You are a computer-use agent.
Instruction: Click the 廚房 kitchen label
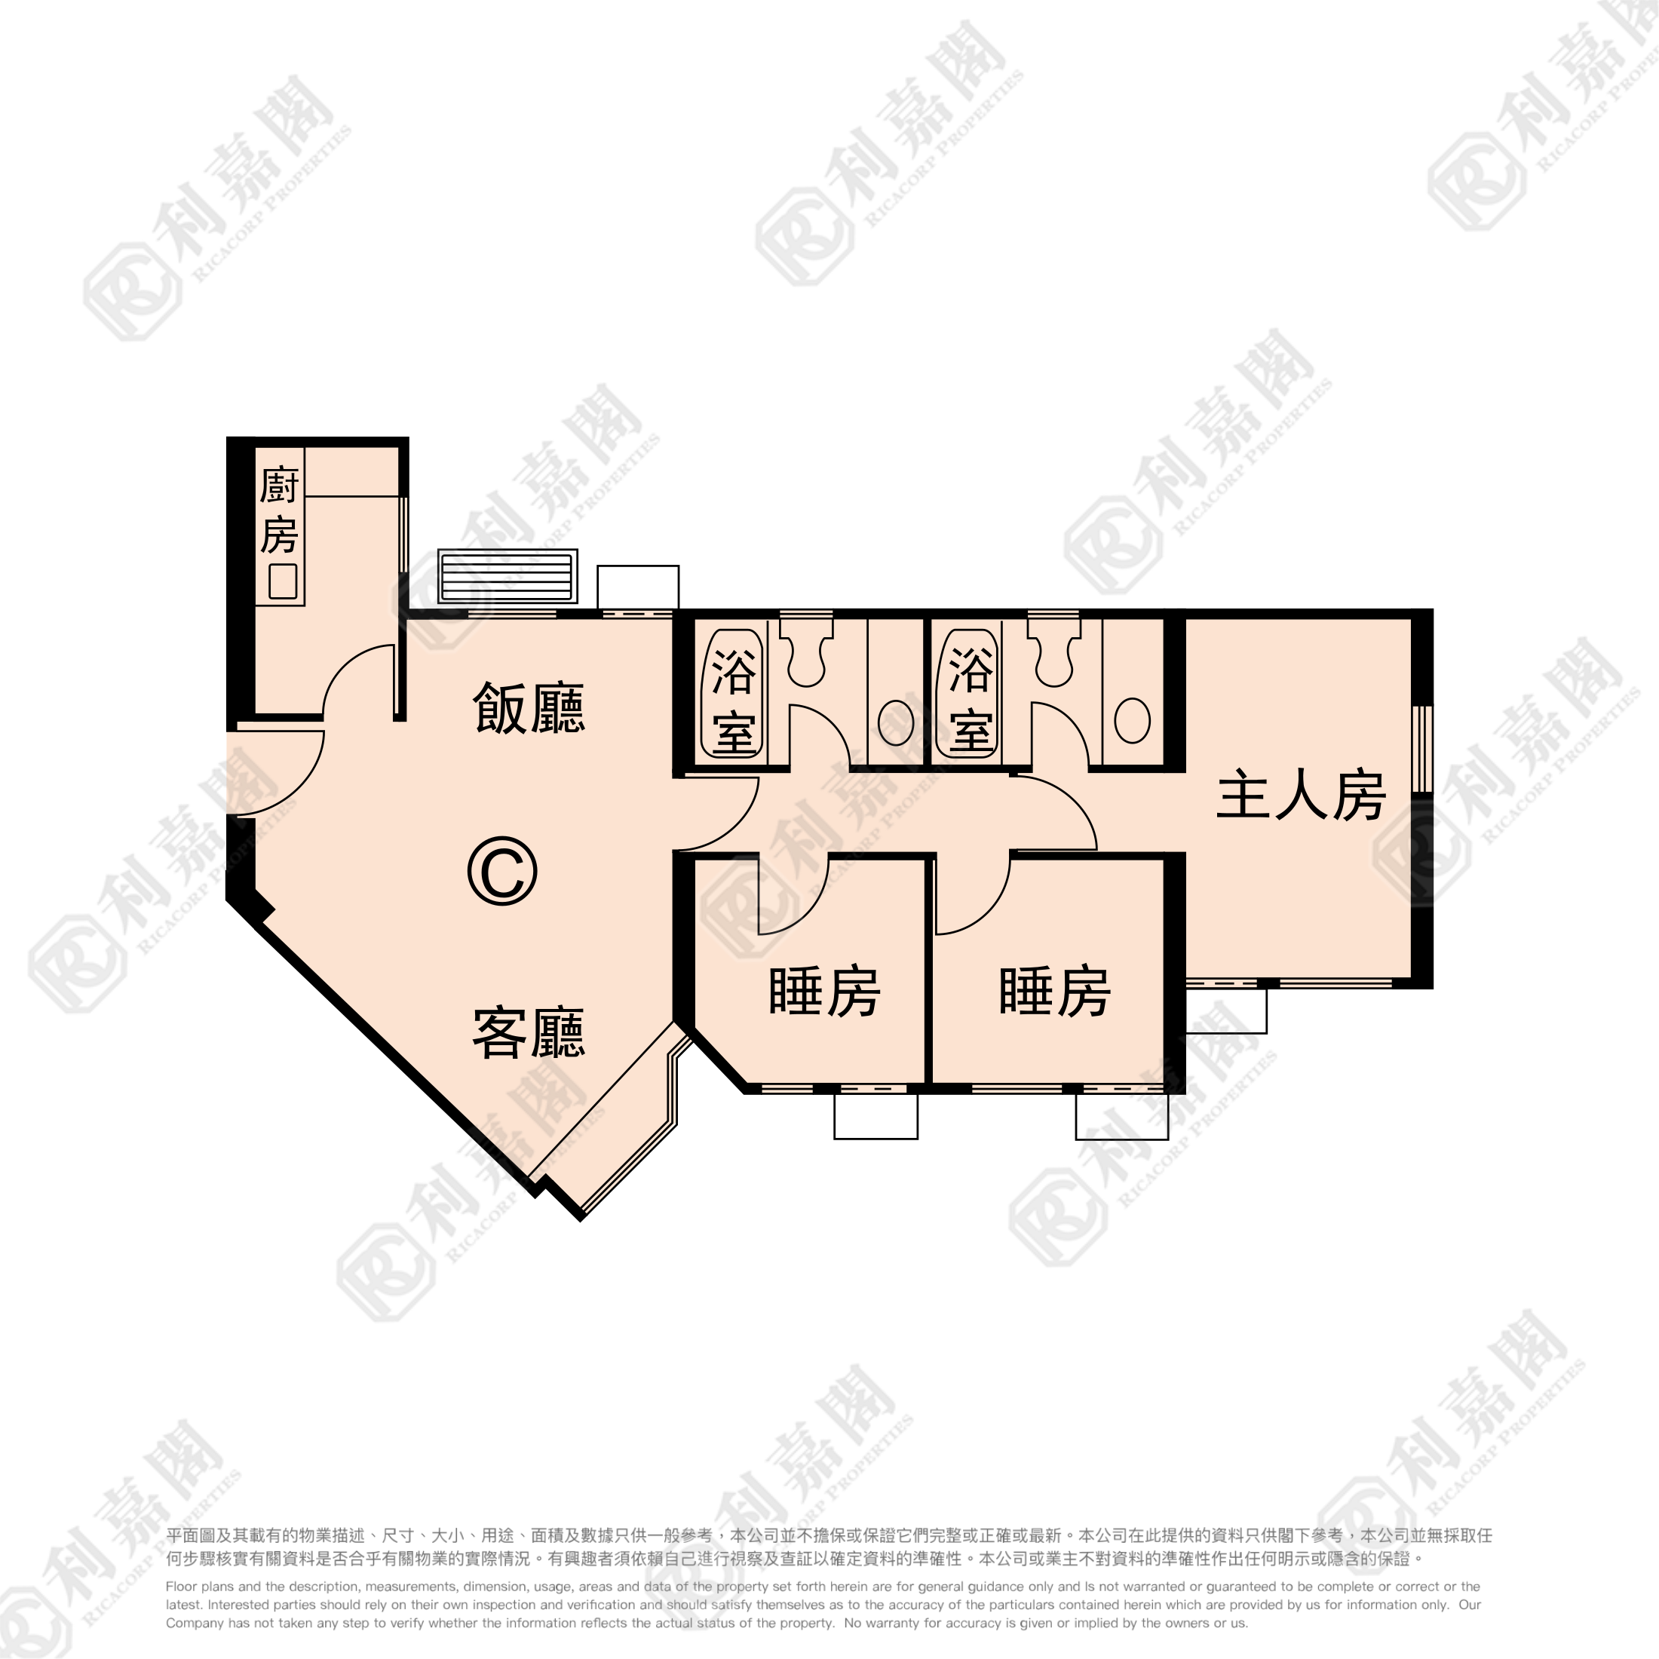click(279, 511)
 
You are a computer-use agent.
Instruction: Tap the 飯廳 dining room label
click(529, 708)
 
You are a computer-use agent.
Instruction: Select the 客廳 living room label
click(529, 1033)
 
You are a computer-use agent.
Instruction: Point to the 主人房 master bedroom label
click(1301, 796)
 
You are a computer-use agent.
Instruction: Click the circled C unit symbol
click(502, 872)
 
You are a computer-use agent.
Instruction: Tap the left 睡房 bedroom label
click(824, 992)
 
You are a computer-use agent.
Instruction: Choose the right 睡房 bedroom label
click(1055, 992)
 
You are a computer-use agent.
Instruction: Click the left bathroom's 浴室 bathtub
click(733, 694)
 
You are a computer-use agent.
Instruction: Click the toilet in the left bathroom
click(806, 649)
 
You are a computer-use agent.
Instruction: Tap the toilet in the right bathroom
click(1053, 649)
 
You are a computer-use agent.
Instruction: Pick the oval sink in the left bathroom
click(896, 723)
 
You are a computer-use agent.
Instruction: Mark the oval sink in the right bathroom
click(1132, 720)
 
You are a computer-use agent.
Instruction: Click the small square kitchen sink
click(283, 581)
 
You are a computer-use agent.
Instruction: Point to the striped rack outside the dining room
click(508, 576)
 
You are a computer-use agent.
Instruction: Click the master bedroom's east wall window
click(1423, 749)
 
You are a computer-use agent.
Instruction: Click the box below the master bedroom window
click(1226, 1010)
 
